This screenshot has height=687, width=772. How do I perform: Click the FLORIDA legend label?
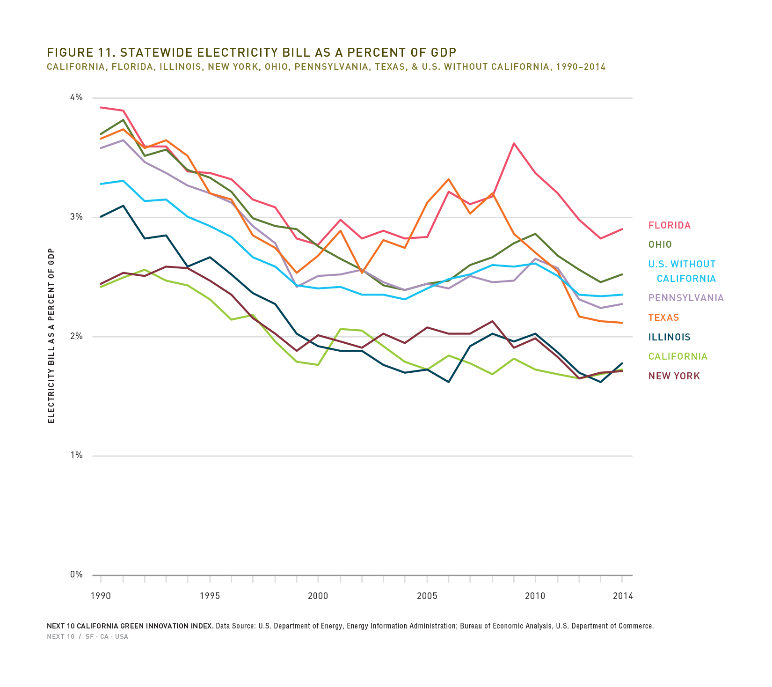[669, 225]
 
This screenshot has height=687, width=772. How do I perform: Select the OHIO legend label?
[660, 244]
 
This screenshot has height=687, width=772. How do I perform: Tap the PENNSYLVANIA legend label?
[686, 298]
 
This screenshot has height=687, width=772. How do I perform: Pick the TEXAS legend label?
[663, 318]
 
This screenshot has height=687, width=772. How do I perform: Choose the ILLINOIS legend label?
[669, 337]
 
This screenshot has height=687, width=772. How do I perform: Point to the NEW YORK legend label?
[674, 376]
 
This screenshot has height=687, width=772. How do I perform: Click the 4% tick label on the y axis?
[76, 97]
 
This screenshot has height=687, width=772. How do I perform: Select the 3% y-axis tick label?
[76, 217]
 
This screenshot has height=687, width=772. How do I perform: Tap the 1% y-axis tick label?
[76, 455]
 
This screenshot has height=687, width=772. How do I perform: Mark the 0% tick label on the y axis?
[76, 575]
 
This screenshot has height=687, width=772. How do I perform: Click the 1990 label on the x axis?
[101, 596]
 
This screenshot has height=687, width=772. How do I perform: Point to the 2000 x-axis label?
[318, 596]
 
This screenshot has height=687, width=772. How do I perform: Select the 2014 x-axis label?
[622, 596]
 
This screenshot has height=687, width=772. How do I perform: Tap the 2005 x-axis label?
[427, 596]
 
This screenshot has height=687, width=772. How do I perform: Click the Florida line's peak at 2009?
[514, 143]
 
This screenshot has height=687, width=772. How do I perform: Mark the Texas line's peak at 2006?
[449, 179]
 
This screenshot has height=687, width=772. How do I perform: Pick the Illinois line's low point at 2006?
[449, 382]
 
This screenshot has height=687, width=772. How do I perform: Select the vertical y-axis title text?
[51, 336]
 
